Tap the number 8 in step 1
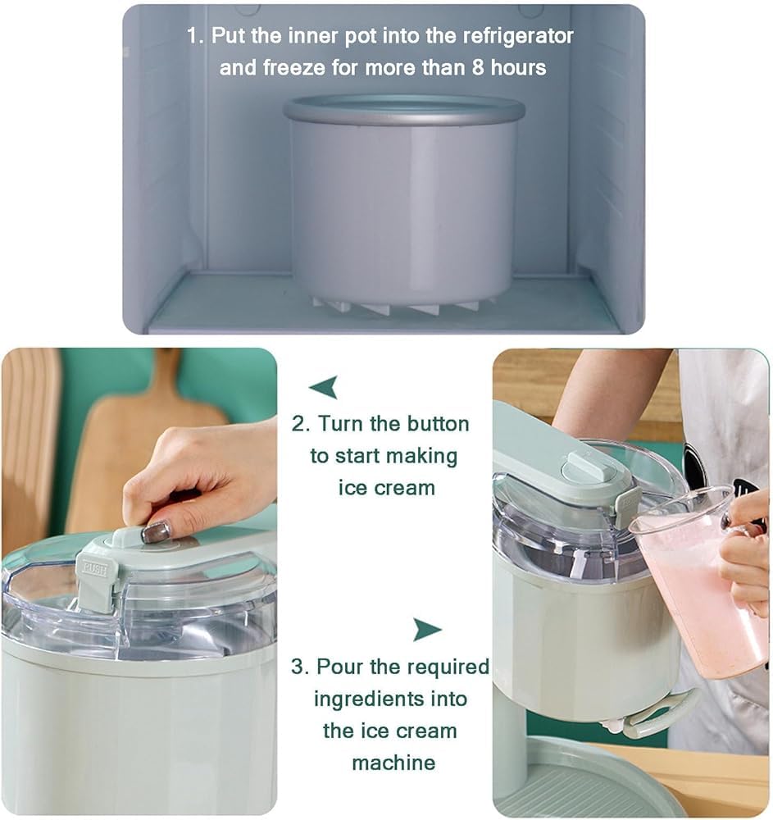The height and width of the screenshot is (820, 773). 478,67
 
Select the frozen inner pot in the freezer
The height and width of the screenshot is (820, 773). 404,204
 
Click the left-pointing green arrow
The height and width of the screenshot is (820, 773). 324,386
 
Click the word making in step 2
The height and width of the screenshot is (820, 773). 422,457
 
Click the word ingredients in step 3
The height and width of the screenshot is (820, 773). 366,699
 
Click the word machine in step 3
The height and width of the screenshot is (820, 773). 393,763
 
